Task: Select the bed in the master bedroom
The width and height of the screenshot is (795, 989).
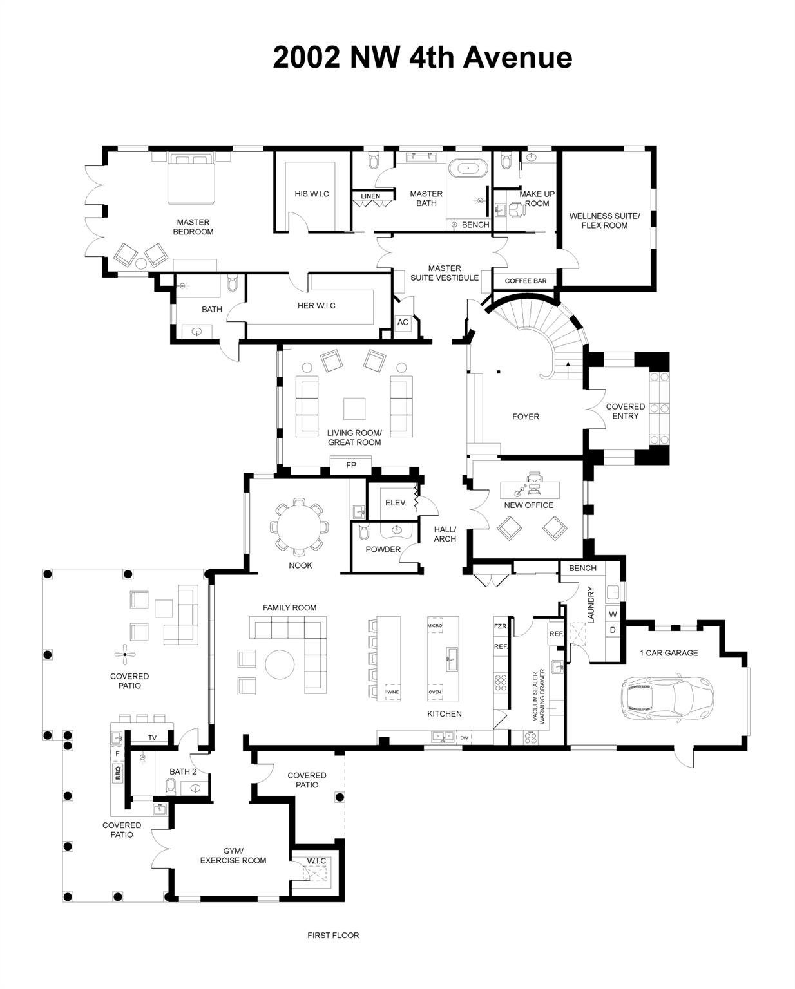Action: coord(191,177)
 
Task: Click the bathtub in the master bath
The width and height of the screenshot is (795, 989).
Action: coord(468,169)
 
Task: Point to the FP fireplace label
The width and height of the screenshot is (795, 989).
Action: coord(351,465)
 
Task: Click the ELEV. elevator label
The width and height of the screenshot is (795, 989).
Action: coord(396,502)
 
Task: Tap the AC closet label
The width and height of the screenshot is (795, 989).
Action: coord(403,322)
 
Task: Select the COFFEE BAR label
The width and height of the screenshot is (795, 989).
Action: coord(525,281)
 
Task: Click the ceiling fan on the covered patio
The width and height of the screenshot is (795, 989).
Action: coord(125,655)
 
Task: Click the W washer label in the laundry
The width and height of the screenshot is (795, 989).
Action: coord(613,614)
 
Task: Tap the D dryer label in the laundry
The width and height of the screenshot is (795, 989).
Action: coord(613,630)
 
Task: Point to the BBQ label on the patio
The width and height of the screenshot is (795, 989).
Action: coord(118,773)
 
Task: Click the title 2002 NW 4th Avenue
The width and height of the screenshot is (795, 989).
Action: coord(422,57)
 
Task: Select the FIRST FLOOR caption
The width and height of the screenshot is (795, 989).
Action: coord(333,935)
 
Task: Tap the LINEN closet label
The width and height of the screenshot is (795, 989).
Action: coord(370,196)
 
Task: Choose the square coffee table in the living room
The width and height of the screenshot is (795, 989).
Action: coord(354,408)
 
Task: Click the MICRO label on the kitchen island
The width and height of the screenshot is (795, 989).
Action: coord(434,625)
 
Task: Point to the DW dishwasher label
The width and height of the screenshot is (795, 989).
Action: coord(464,738)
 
